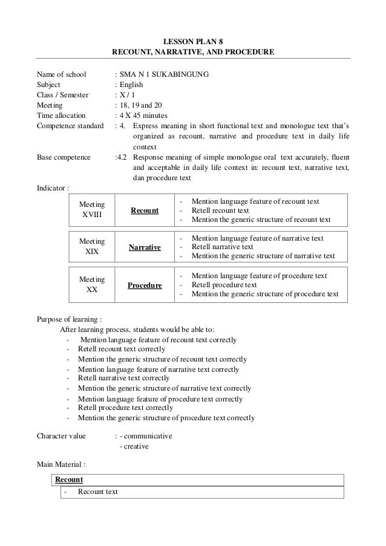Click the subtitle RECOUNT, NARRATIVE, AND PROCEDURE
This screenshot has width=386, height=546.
193,53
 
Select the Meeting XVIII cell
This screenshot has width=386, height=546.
92,210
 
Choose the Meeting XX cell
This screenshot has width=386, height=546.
92,285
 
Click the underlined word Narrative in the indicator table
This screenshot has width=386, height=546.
145,248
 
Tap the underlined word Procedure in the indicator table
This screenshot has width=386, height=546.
145,285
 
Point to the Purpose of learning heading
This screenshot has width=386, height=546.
70,319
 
